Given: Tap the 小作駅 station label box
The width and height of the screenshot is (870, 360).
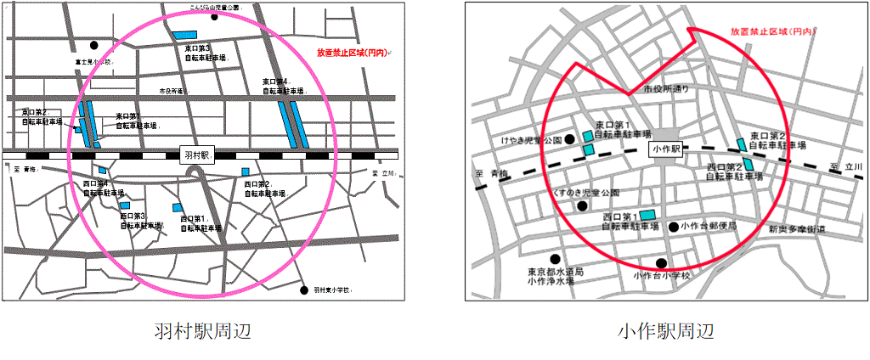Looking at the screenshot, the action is [665, 148].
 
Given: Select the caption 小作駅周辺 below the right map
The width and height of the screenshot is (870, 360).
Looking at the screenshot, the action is [666, 330].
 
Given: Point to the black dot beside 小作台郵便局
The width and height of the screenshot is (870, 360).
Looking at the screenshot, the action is [673, 227].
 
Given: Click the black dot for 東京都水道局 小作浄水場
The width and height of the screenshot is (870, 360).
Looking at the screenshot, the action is [555, 259].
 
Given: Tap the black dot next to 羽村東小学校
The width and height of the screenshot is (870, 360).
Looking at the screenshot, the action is [304, 290].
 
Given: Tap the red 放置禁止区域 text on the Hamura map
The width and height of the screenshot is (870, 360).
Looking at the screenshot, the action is [352, 53].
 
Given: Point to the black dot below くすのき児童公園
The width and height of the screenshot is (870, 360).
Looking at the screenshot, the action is [582, 205].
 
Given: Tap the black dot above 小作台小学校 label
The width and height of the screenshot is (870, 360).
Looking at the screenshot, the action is [661, 262].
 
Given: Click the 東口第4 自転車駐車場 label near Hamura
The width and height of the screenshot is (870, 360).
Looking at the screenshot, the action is [282, 86].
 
